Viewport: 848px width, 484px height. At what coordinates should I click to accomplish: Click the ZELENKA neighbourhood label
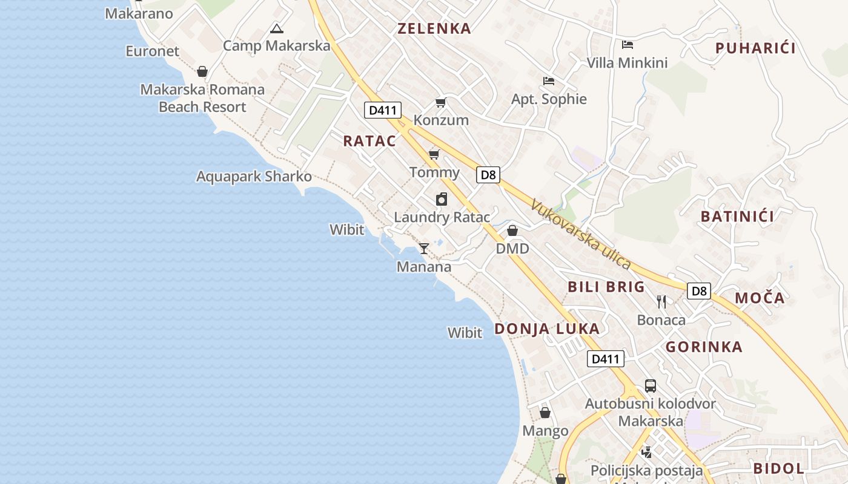(x=434, y=28)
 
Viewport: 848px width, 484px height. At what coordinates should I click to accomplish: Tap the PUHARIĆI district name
(x=755, y=48)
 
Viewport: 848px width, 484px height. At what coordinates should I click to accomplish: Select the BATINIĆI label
(x=737, y=217)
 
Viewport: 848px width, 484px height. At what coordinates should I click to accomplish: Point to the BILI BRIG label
(x=606, y=287)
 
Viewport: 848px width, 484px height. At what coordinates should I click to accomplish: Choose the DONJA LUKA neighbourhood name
(x=547, y=329)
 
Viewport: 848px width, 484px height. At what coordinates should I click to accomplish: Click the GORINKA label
(x=704, y=347)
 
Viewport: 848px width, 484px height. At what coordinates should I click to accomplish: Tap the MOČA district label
(x=760, y=298)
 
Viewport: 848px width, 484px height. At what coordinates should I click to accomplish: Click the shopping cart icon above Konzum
(x=440, y=102)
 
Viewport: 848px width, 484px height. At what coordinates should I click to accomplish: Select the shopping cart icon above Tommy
(x=434, y=154)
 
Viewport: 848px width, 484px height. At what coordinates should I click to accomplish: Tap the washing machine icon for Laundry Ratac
(x=442, y=199)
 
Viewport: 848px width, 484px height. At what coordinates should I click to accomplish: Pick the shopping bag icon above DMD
(x=512, y=231)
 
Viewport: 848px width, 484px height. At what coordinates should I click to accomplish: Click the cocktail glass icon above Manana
(x=424, y=248)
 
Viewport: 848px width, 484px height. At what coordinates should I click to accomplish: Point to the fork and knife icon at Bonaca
(x=661, y=301)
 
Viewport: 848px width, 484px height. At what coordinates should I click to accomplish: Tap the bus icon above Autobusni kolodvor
(x=650, y=385)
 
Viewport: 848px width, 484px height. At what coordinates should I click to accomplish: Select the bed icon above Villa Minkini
(x=628, y=45)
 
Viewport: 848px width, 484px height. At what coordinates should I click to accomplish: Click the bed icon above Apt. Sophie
(x=549, y=81)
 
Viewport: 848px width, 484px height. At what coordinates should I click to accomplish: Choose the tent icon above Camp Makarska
(x=276, y=28)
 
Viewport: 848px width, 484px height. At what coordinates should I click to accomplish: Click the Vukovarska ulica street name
(x=581, y=235)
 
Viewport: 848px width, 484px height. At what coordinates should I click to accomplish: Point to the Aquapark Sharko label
(x=254, y=177)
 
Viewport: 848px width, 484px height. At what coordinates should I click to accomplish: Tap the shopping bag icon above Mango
(x=545, y=413)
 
